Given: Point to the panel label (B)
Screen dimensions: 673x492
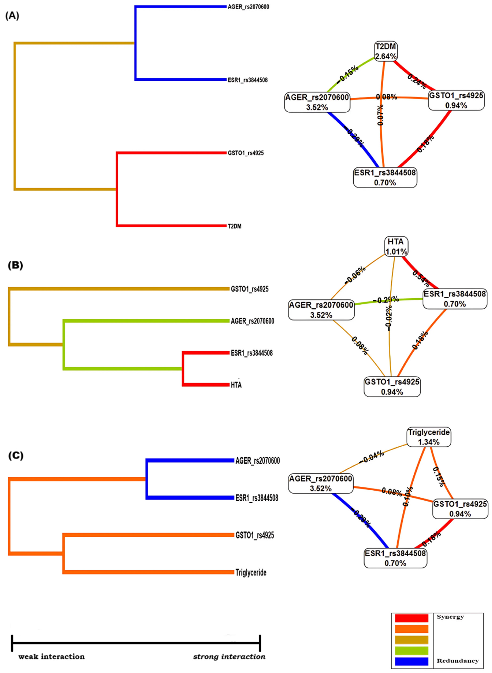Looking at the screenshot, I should (15, 265).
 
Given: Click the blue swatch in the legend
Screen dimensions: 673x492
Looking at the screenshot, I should (411, 661).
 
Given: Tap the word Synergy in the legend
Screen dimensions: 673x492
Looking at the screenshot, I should (450, 617).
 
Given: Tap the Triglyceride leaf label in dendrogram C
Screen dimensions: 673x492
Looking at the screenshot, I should (251, 572).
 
